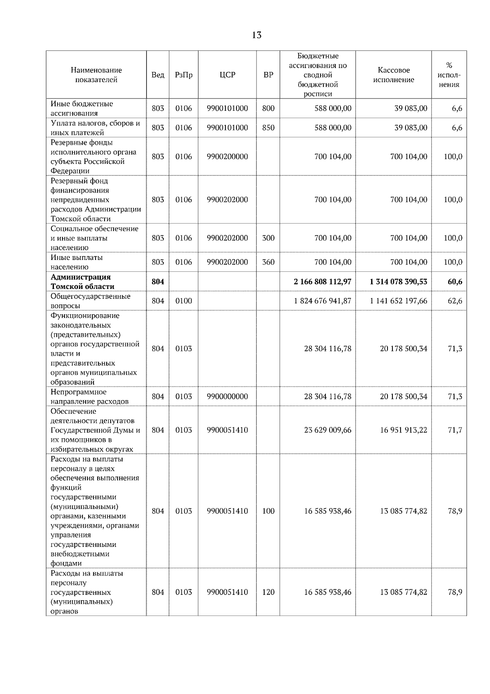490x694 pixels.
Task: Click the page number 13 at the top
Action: pos(256,35)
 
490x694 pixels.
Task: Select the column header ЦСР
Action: pos(227,75)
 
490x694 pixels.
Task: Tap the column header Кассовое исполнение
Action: pos(394,75)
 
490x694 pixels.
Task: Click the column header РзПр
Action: pos(183,75)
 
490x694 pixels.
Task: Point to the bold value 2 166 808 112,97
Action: pos(322,282)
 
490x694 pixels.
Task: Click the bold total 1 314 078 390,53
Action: pos(399,282)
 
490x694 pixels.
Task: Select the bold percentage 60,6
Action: pos(454,282)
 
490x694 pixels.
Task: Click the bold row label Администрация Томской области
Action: pos(82,282)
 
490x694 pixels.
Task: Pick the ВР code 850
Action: pos(268,128)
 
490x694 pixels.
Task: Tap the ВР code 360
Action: pos(268,262)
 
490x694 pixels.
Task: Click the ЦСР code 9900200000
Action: pos(227,157)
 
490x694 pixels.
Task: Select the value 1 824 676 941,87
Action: pos(322,301)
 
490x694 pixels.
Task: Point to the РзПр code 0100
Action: pos(183,301)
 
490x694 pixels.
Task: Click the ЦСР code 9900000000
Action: pos(227,396)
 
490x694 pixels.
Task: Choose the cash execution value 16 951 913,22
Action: pos(403,430)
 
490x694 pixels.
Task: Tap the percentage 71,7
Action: pos(454,430)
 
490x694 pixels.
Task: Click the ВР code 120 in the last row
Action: pos(268,592)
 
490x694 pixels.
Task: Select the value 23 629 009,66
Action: pos(327,430)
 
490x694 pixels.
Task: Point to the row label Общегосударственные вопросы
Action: pos(90,301)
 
